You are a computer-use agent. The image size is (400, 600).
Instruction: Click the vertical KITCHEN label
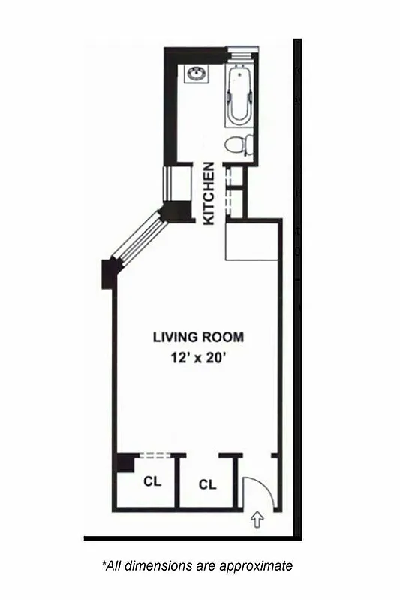coord(210,193)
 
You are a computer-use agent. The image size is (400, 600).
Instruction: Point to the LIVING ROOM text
coord(198,337)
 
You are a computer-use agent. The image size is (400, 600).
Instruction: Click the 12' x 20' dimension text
coord(198,358)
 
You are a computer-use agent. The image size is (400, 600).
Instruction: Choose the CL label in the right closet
coord(208,484)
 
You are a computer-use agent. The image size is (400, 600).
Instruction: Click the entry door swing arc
coord(260,487)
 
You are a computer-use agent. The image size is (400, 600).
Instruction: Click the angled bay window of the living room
coord(138,238)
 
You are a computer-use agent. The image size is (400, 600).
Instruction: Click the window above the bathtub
coord(242,50)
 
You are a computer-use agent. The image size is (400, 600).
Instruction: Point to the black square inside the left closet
coord(125,463)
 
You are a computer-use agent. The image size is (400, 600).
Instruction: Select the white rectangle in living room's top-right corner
coord(253,241)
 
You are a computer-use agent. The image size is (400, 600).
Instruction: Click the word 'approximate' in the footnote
coord(260,565)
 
